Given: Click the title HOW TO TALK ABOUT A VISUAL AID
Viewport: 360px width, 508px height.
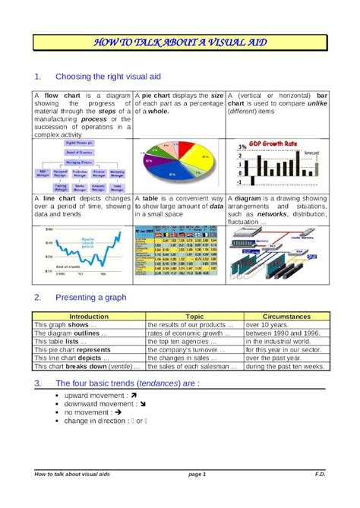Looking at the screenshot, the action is [180, 44].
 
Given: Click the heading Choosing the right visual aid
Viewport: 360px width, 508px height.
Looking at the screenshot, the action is [109, 77].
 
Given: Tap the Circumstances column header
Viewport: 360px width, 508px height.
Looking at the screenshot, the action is [286, 316].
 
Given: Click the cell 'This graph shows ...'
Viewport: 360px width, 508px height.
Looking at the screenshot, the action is [62, 324].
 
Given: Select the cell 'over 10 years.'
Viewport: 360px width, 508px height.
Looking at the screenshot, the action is [264, 324].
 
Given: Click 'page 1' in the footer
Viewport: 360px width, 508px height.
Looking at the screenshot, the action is [197, 475].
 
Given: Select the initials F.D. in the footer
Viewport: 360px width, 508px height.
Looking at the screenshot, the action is [320, 475].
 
